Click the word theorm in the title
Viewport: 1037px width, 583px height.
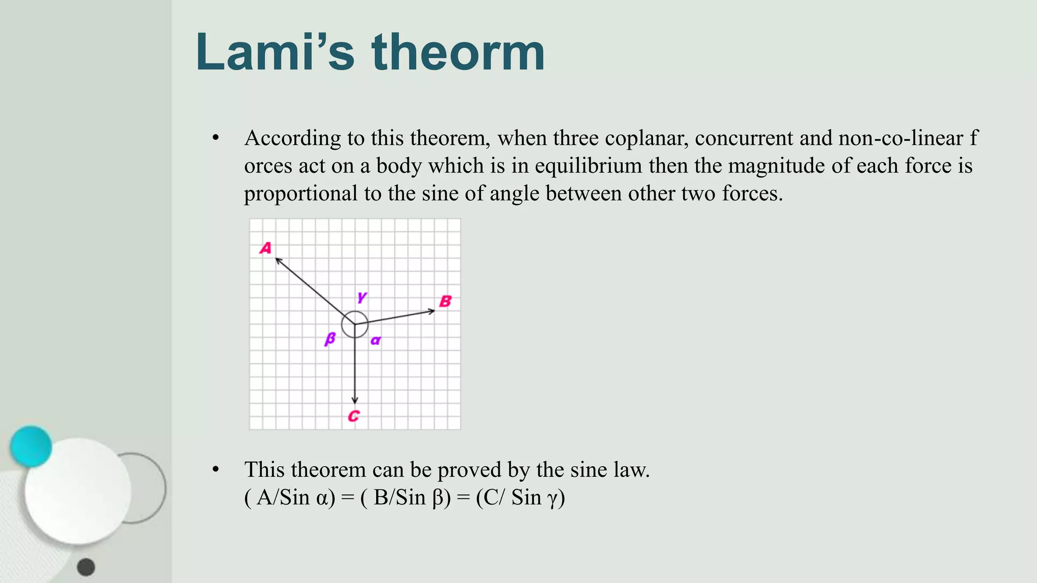coord(458,52)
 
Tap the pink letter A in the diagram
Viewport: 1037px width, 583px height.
coord(266,248)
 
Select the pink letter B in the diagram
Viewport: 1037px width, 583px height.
coord(445,302)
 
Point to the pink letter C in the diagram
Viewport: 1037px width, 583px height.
coord(353,416)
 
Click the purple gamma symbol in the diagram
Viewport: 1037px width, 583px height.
coord(362,297)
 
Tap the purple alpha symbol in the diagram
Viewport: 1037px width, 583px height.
coord(375,341)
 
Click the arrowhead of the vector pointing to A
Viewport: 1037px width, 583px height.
coord(277,260)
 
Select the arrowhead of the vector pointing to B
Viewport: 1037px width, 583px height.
coord(432,311)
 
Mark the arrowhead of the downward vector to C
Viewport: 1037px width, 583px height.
coord(354,401)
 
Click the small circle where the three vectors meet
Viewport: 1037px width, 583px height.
coord(354,324)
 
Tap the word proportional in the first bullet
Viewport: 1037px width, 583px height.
coord(301,194)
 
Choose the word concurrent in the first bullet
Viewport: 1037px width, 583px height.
coord(744,139)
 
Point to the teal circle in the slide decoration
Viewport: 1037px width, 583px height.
coord(31,446)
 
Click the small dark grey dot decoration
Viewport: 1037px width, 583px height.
coord(86,567)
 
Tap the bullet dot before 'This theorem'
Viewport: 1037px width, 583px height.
coord(216,470)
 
